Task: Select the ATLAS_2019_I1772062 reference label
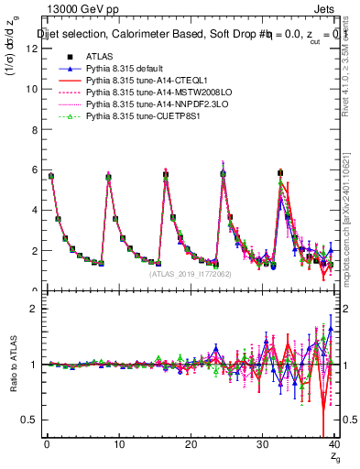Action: pos(191,273)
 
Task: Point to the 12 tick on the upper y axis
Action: pos(33,49)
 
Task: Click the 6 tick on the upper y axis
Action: pos(33,169)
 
